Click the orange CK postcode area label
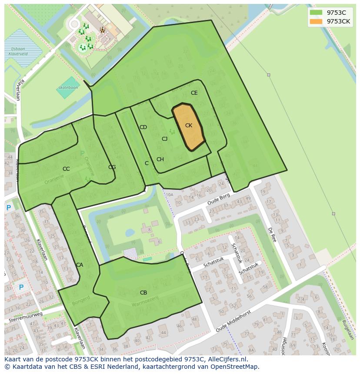click(188, 126)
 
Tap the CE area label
click(194, 93)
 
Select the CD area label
click(143, 127)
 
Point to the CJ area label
click(164, 139)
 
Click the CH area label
click(160, 159)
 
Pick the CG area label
click(112, 167)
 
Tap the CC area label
click(66, 169)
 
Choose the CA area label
click(80, 265)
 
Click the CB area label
click(143, 293)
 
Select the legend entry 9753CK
click(338, 21)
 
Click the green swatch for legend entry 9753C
click(316, 13)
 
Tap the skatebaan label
click(68, 87)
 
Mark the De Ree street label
click(272, 235)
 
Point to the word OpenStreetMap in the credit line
click(235, 367)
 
